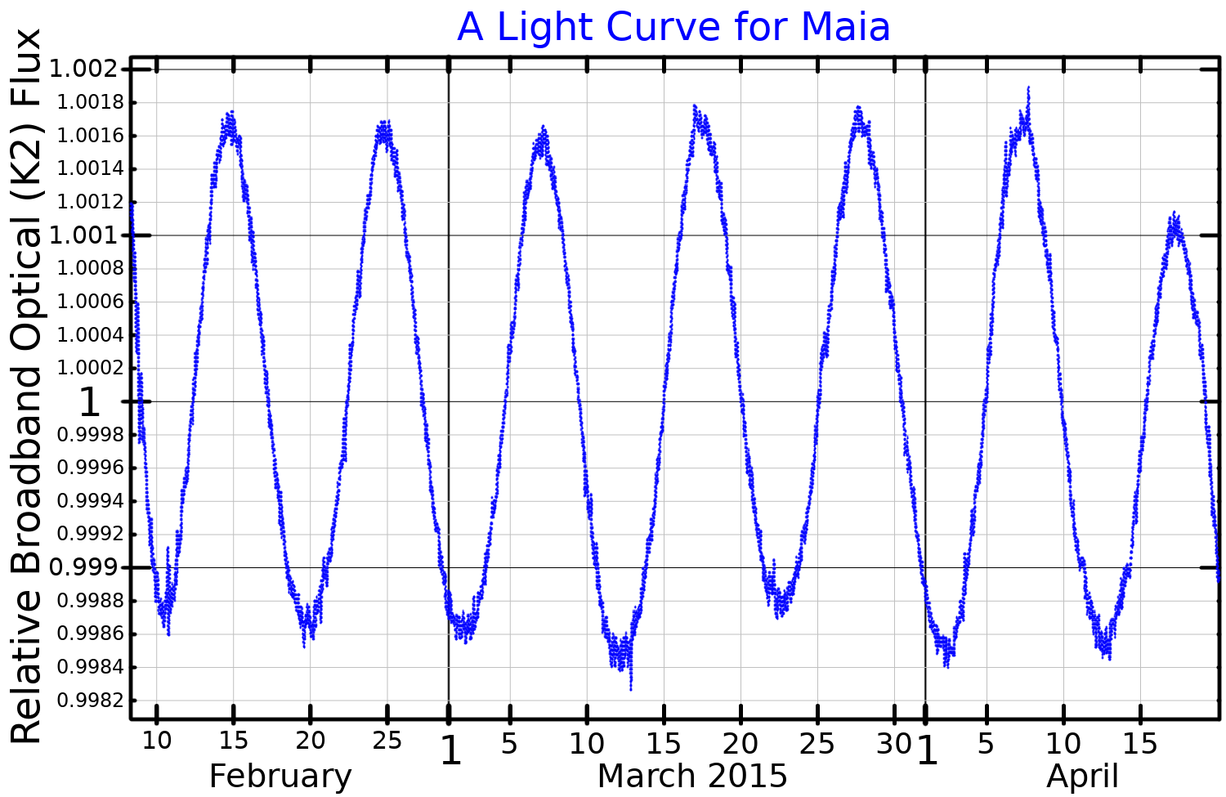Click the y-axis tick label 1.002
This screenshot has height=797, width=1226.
[84, 69]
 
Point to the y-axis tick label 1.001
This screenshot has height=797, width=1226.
[84, 235]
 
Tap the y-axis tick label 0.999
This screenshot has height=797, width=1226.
[84, 567]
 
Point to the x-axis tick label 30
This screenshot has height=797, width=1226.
[893, 743]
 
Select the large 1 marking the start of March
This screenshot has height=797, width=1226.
[450, 750]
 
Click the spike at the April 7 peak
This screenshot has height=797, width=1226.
[1028, 88]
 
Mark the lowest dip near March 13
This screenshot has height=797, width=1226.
[631, 688]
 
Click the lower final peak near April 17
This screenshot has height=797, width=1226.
[1175, 215]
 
